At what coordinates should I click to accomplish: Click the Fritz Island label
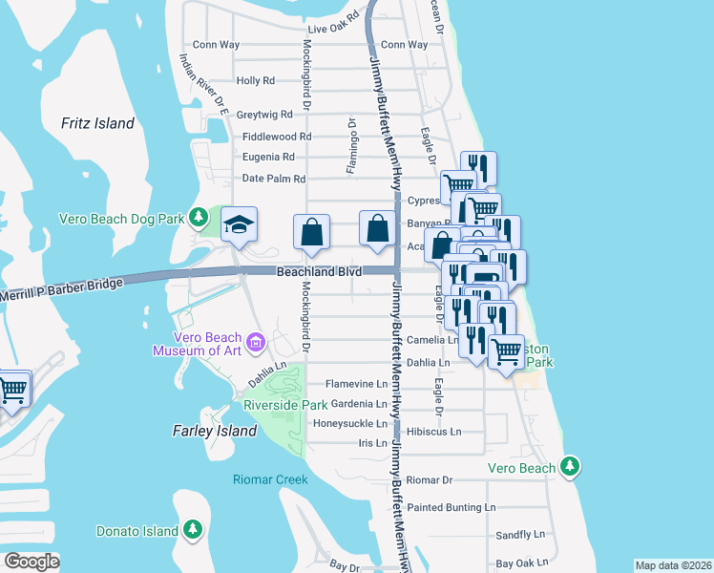click(97, 123)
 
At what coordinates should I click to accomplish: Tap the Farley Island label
click(215, 431)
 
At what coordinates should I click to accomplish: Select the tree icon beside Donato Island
click(193, 528)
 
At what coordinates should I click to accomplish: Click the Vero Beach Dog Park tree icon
click(199, 218)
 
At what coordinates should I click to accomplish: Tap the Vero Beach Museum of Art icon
click(255, 342)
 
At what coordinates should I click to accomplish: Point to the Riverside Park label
click(286, 405)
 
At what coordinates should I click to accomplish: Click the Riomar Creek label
click(271, 478)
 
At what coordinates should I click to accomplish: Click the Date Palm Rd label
click(273, 179)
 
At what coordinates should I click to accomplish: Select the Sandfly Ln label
click(519, 535)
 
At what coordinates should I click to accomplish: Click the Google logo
click(31, 561)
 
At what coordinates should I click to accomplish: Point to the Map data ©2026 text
click(672, 565)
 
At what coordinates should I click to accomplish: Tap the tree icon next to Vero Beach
click(570, 466)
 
